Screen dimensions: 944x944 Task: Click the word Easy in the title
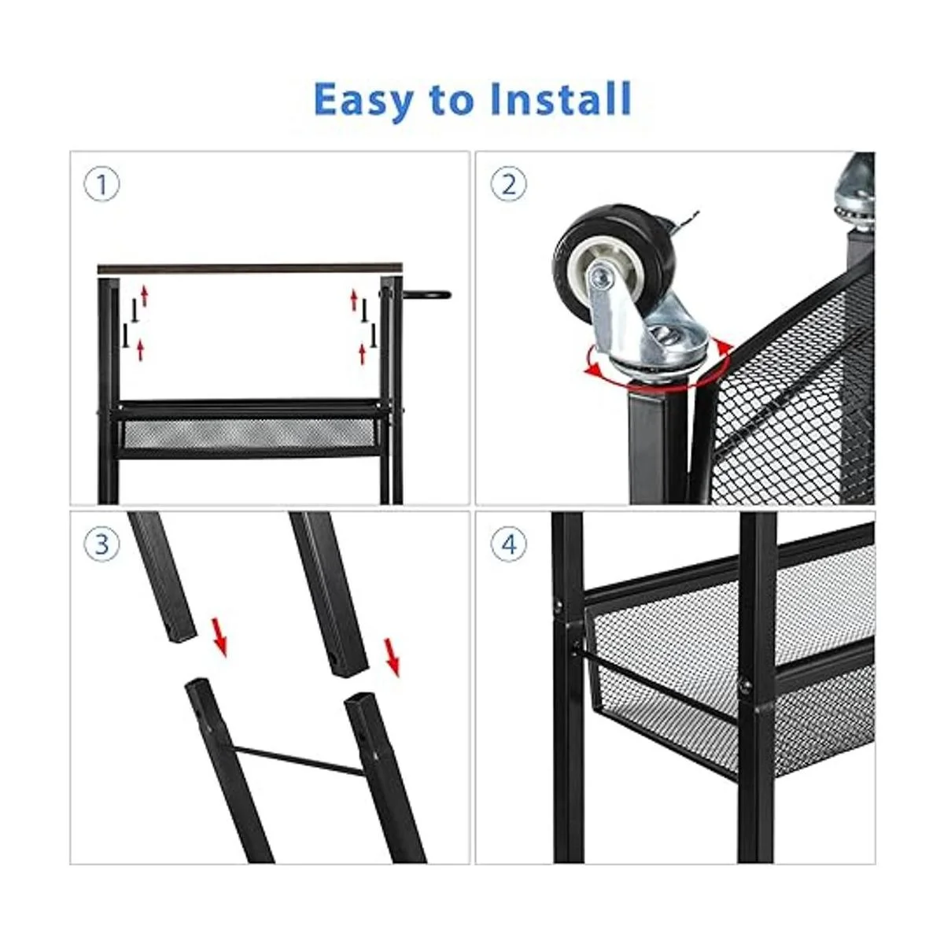point(364,101)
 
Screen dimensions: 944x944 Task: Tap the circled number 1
point(101,186)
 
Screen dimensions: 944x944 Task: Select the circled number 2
point(509,185)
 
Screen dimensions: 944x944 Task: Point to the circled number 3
point(101,544)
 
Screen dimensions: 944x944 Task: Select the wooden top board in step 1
point(250,267)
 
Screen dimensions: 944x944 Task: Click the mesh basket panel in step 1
point(250,433)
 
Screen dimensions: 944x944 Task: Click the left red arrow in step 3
point(219,637)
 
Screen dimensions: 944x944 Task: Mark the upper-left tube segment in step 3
point(163,578)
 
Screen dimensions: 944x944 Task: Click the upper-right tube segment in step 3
point(329,594)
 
